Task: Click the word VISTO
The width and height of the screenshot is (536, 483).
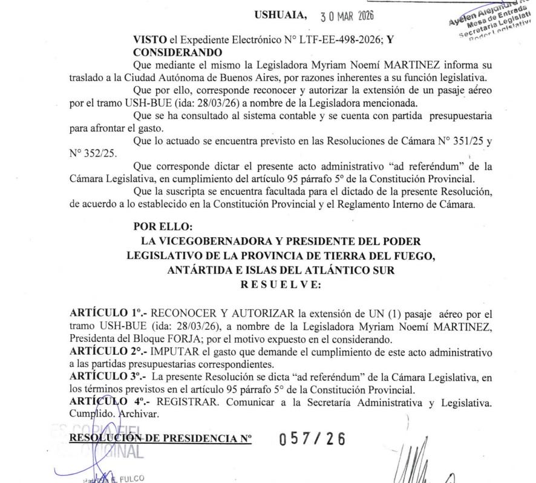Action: (147, 39)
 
